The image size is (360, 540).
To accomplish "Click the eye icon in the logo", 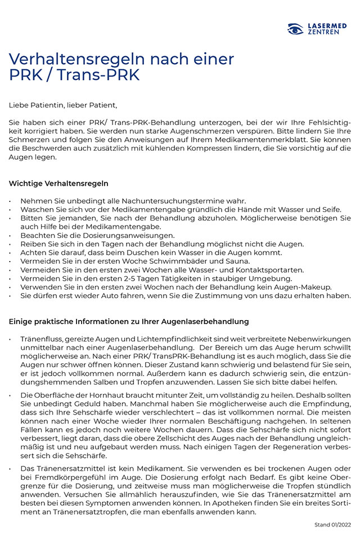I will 295,29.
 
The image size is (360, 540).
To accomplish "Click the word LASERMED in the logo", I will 327,25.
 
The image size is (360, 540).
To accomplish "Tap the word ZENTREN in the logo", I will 323,33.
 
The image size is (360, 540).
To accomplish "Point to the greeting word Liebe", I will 18,105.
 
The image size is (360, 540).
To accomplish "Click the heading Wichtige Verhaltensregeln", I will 58,183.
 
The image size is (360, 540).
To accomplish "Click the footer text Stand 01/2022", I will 332,525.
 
